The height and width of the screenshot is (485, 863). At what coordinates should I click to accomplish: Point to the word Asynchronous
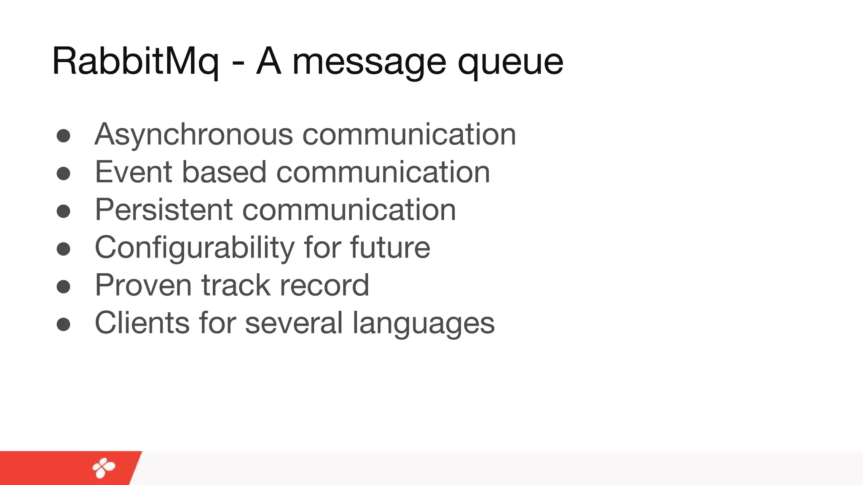[194, 135]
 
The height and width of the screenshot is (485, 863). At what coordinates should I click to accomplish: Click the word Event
[134, 172]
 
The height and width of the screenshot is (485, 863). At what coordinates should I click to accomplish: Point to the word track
[236, 285]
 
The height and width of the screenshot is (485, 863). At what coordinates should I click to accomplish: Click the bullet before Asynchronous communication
[63, 136]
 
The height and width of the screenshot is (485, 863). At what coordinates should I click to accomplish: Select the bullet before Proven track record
[63, 287]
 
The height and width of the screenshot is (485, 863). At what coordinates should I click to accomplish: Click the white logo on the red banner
[104, 468]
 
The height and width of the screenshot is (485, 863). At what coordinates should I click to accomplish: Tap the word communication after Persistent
[349, 210]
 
